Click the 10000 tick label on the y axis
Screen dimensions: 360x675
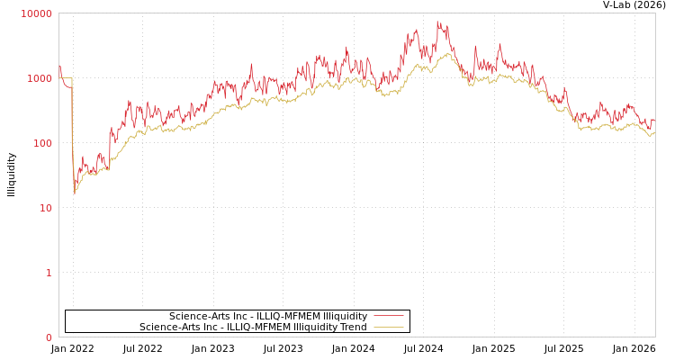(37, 13)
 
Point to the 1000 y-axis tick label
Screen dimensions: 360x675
(40, 78)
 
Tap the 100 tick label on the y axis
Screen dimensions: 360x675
(42, 143)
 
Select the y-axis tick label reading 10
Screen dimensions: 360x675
(45, 208)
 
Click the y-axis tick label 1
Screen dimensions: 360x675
(49, 273)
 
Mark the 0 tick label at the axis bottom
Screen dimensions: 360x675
(49, 337)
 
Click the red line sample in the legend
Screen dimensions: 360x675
(388, 316)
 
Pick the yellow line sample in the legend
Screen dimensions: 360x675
(388, 327)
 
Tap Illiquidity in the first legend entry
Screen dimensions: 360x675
(345, 316)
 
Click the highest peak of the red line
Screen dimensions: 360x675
(438, 22)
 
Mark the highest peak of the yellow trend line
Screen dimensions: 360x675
(447, 53)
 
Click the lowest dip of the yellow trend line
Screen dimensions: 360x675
(75, 193)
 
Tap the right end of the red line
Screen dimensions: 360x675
(654, 119)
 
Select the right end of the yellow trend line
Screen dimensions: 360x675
(654, 133)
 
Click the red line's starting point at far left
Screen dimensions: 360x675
(59, 65)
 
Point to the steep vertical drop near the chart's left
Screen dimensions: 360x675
(73, 135)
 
